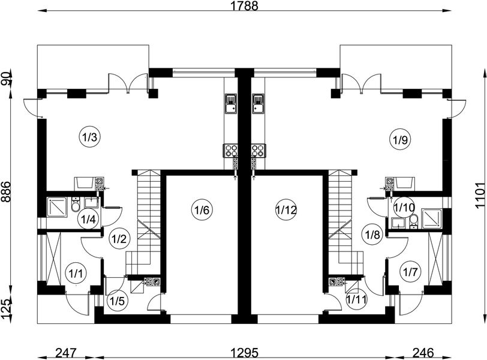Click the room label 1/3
(x=89, y=137)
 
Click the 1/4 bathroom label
(x=88, y=219)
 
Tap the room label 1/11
(x=355, y=298)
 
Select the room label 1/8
(x=372, y=233)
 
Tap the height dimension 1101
(x=480, y=195)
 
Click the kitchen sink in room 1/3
(x=232, y=104)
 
